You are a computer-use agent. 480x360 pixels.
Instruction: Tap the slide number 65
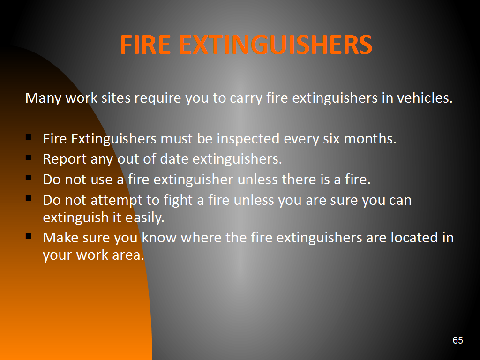(x=457, y=340)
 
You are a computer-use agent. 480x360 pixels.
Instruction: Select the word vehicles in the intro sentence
(x=425, y=98)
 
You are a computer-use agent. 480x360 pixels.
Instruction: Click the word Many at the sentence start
(x=43, y=98)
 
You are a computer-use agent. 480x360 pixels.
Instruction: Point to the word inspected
(x=248, y=139)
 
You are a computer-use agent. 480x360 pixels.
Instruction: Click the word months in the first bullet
(x=370, y=139)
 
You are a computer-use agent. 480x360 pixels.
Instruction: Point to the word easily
(x=145, y=218)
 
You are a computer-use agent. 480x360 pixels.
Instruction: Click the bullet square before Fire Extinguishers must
(x=29, y=137)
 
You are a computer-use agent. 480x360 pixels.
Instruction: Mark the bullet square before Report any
(x=29, y=157)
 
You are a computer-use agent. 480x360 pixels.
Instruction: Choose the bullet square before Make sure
(x=29, y=236)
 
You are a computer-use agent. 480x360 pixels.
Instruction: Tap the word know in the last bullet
(x=159, y=238)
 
